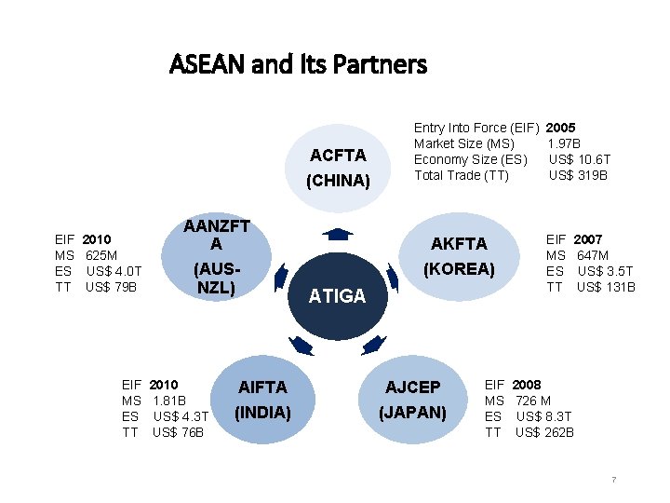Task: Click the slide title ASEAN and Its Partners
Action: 299,64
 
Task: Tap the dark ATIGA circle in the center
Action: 337,296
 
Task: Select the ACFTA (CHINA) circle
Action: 338,167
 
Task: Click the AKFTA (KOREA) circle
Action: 458,255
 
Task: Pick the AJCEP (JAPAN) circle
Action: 414,399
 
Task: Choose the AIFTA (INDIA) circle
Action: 262,399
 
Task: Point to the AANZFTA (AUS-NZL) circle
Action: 216,256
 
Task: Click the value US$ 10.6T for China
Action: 580,159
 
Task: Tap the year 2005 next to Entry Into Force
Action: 560,128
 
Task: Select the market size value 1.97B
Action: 565,143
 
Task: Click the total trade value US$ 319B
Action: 578,175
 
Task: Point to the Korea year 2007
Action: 588,239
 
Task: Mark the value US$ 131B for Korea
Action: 606,287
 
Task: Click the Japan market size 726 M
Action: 533,401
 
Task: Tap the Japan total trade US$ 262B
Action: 544,432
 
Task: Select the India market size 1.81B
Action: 168,401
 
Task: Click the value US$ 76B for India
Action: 178,432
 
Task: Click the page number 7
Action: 613,480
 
